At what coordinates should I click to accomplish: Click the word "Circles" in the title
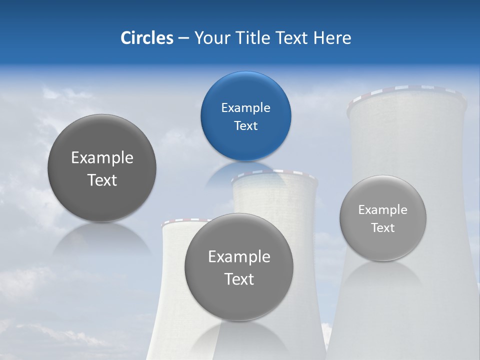coord(146,38)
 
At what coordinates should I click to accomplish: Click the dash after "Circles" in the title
coord(183,38)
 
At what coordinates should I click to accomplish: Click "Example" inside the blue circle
coord(245,108)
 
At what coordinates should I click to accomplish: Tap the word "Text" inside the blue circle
coord(245,126)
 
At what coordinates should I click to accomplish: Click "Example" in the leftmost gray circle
coord(102,158)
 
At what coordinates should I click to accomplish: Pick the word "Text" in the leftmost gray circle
coord(102,180)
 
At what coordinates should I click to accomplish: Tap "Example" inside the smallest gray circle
coord(382,210)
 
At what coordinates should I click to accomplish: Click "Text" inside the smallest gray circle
coord(382,228)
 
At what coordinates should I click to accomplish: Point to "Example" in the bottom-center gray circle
coord(239,257)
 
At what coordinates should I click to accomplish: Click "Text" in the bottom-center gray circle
coord(239,279)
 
